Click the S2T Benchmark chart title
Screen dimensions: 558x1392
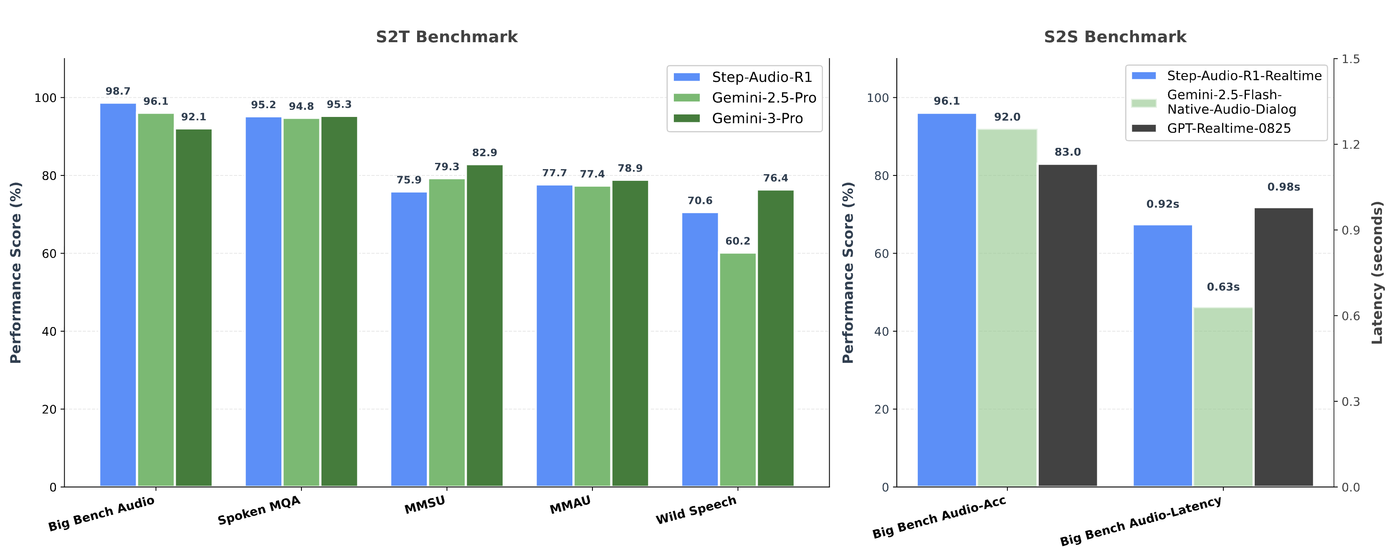pos(446,37)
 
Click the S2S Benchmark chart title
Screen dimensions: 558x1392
pos(1115,37)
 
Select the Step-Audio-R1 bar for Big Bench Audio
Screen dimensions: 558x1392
pos(118,295)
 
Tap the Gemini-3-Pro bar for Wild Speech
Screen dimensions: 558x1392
pos(775,338)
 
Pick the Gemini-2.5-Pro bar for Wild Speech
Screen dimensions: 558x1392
pos(738,370)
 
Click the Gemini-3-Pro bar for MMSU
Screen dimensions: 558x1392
pos(485,325)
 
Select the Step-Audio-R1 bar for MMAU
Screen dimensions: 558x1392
pos(554,336)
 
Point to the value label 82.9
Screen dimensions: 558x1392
pos(485,153)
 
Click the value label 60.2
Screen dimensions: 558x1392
pos(738,241)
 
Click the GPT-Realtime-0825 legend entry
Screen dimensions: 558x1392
pos(1228,128)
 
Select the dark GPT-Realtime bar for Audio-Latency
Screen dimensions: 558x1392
pos(1283,347)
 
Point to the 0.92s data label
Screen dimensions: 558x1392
pos(1163,204)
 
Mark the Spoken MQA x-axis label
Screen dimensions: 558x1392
pos(259,510)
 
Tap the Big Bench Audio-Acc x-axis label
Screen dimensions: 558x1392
pos(939,517)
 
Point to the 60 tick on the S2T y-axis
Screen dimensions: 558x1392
pos(49,254)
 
